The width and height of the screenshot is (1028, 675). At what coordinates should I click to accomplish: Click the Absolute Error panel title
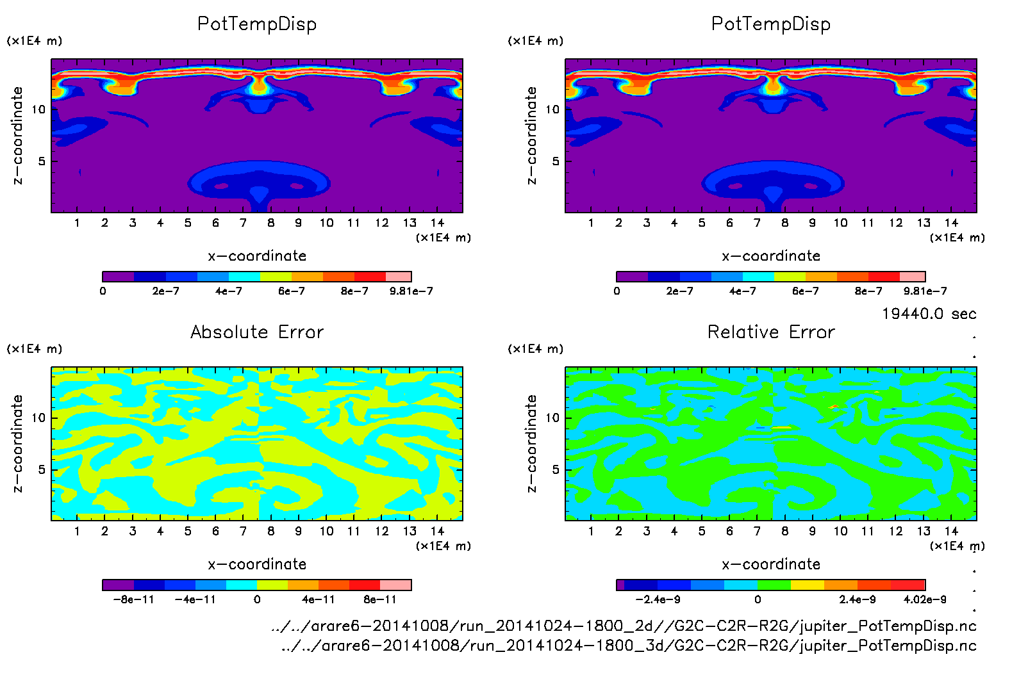pyautogui.click(x=257, y=332)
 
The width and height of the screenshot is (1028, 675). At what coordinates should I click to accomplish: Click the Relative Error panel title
pyautogui.click(x=771, y=332)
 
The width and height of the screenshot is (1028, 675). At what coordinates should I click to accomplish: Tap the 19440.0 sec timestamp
pyautogui.click(x=929, y=314)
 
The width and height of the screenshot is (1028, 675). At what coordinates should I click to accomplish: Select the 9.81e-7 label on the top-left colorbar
pyautogui.click(x=411, y=291)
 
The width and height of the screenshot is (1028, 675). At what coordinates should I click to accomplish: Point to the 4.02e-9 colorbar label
pyautogui.click(x=925, y=599)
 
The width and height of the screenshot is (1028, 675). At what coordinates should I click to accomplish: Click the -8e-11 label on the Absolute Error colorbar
pyautogui.click(x=133, y=599)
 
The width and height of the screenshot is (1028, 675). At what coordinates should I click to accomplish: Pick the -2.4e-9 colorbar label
pyautogui.click(x=658, y=599)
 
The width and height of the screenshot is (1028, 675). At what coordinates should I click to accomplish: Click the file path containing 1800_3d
pyautogui.click(x=629, y=646)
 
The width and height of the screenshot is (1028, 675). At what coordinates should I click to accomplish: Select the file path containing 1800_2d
pyautogui.click(x=624, y=626)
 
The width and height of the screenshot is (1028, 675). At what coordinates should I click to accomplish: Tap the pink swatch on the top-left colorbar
pyautogui.click(x=399, y=277)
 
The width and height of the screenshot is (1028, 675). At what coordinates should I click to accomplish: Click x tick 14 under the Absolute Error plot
pyautogui.click(x=437, y=531)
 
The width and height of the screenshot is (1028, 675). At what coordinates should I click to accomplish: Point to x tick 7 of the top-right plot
pyautogui.click(x=757, y=223)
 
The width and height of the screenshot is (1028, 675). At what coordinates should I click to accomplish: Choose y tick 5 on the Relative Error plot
pyautogui.click(x=555, y=469)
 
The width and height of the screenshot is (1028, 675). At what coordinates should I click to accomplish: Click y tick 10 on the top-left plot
pyautogui.click(x=38, y=110)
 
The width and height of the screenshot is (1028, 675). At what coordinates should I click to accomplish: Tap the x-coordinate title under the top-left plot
pyautogui.click(x=257, y=256)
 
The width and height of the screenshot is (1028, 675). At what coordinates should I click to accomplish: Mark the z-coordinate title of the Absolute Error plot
pyautogui.click(x=17, y=443)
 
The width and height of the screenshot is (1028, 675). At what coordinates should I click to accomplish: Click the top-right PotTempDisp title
pyautogui.click(x=771, y=24)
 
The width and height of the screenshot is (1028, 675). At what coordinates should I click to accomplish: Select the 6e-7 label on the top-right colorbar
pyautogui.click(x=805, y=291)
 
